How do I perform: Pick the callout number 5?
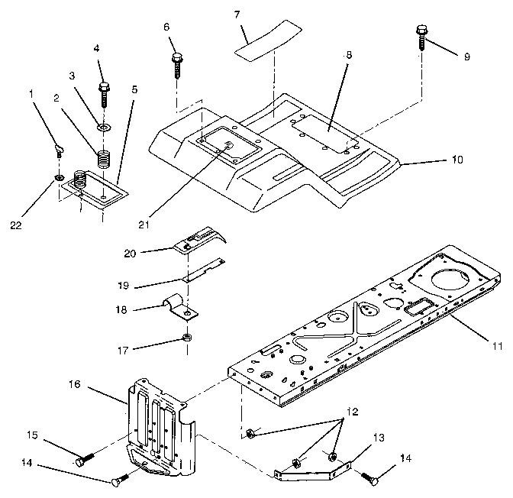tap(134, 89)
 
